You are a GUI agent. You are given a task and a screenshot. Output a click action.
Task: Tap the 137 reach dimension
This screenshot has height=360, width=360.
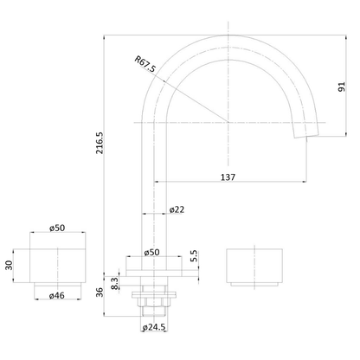[228, 176]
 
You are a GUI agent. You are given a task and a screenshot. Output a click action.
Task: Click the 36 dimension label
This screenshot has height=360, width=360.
[100, 292]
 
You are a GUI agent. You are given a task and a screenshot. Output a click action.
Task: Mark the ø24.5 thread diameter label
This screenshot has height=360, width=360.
[155, 328]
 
